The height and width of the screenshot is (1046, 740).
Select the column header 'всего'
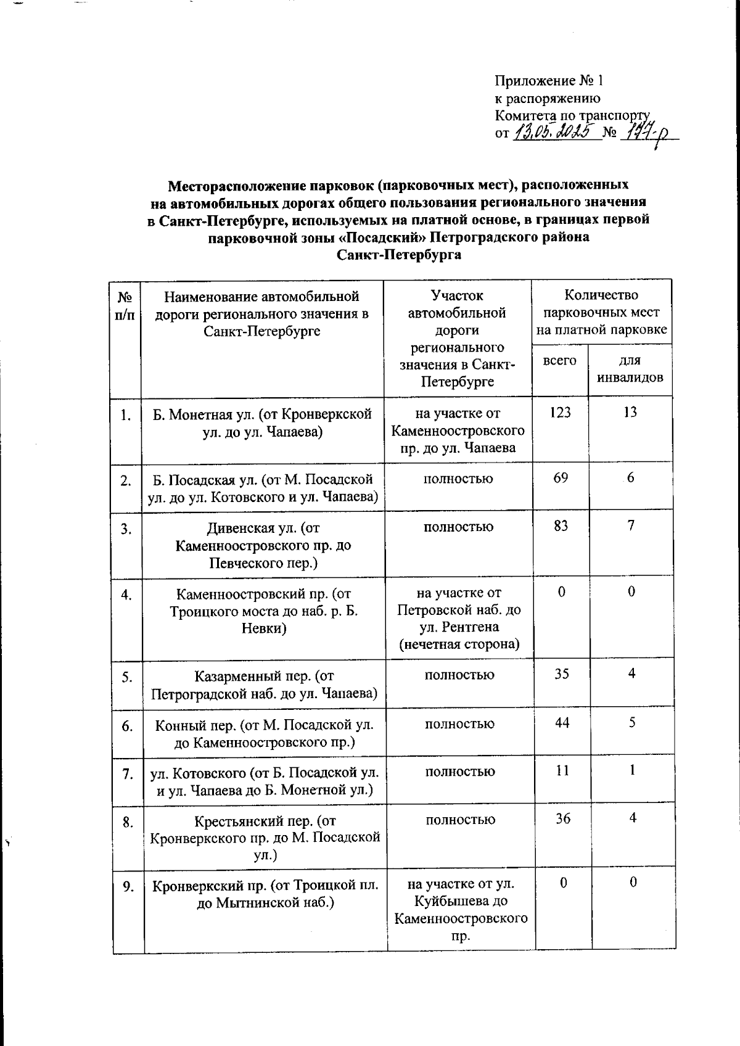559,360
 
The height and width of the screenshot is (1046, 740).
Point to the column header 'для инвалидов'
630,368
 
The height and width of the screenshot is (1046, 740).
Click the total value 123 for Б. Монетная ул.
560,413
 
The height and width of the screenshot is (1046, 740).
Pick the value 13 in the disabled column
630,413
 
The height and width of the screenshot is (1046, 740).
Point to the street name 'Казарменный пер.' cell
264,685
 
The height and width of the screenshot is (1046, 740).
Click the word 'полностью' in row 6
459,723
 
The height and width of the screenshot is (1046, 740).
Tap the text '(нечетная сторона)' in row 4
459,644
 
